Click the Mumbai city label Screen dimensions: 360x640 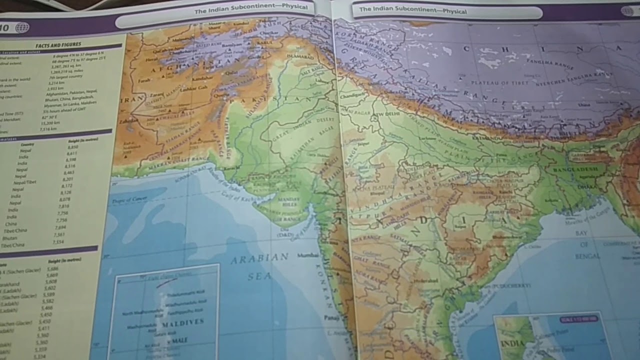point(307,255)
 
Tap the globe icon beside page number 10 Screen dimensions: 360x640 point(22,27)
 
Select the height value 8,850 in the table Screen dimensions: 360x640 point(73,148)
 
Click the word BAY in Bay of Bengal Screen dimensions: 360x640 point(581,233)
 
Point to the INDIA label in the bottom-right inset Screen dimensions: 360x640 point(512,344)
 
